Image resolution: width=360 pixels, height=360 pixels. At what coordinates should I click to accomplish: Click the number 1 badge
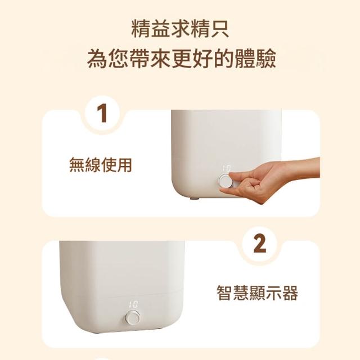tap(102, 113)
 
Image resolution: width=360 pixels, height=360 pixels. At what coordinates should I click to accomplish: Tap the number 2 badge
tap(260, 244)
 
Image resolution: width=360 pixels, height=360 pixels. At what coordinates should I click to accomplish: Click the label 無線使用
tap(101, 165)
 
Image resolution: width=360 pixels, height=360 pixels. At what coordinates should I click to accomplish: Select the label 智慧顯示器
tap(258, 293)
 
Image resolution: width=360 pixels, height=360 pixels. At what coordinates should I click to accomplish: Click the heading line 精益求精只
tap(180, 29)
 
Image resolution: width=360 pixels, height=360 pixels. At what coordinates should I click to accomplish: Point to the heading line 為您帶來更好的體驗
tap(181, 58)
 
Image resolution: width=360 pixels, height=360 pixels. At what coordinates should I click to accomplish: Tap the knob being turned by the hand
tap(226, 181)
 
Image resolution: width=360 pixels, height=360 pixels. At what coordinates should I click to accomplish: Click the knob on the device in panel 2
tap(133, 317)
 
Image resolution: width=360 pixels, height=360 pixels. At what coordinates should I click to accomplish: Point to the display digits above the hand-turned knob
tap(226, 169)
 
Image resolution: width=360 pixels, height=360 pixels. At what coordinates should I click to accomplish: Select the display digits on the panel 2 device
tap(133, 305)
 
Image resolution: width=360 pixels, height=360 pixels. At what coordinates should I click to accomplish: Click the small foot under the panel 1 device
tap(194, 198)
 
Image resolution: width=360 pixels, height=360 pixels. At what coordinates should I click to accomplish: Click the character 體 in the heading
tap(245, 58)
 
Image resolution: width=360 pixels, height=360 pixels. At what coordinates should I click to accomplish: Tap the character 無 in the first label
tap(77, 165)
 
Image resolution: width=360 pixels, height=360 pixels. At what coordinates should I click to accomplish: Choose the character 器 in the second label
tap(290, 293)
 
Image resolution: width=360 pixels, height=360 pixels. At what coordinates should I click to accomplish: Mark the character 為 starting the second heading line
tap(97, 58)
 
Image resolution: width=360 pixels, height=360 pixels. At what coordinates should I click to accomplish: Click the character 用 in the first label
tap(124, 165)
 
